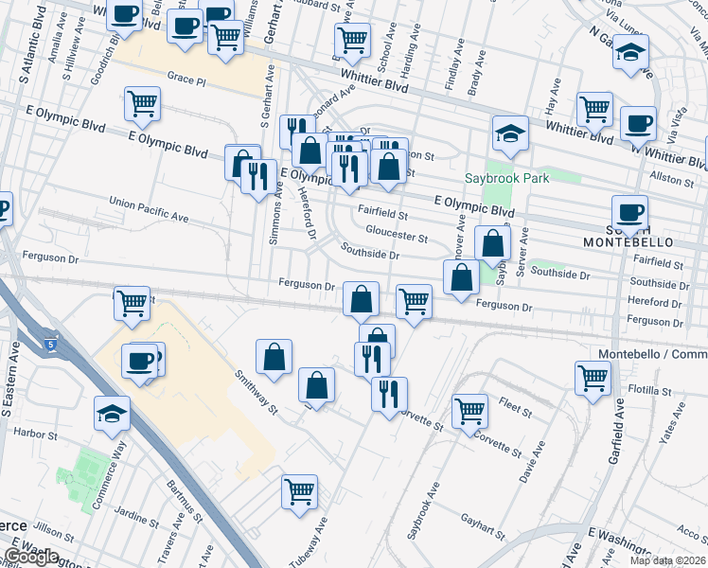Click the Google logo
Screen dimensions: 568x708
click(x=31, y=557)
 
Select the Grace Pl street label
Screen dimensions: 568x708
click(x=186, y=77)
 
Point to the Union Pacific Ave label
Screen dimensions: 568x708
click(x=148, y=210)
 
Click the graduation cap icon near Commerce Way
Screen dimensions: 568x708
click(x=112, y=412)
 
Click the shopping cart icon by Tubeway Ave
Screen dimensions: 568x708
click(x=299, y=491)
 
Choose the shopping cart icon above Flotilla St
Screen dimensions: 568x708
click(x=593, y=378)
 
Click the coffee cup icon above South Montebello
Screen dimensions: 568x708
click(x=629, y=211)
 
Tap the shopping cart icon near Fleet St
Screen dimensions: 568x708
click(x=469, y=411)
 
